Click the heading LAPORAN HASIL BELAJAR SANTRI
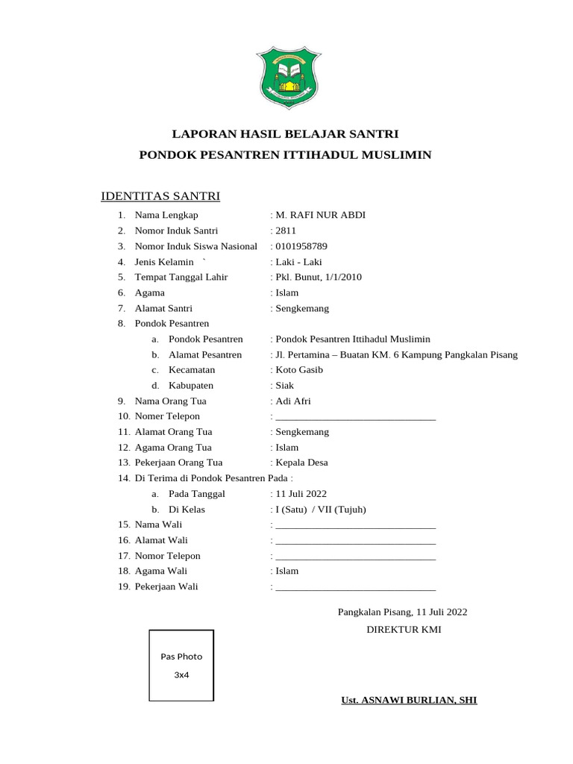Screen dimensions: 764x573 [x=286, y=134]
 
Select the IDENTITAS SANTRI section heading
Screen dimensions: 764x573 [x=160, y=196]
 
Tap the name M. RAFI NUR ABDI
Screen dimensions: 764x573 [x=320, y=216]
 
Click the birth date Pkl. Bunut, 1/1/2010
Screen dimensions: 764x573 [x=318, y=277]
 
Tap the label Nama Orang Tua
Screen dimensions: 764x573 [x=171, y=401]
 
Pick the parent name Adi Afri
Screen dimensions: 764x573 [x=292, y=401]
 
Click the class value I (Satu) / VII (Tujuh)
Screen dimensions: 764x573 [x=320, y=510]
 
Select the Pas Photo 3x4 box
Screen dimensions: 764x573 [x=181, y=666]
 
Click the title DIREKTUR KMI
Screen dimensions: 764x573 [x=404, y=630]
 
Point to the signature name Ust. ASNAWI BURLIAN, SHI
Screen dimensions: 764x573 [x=409, y=701]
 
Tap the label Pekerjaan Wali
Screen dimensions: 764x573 [x=166, y=586]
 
